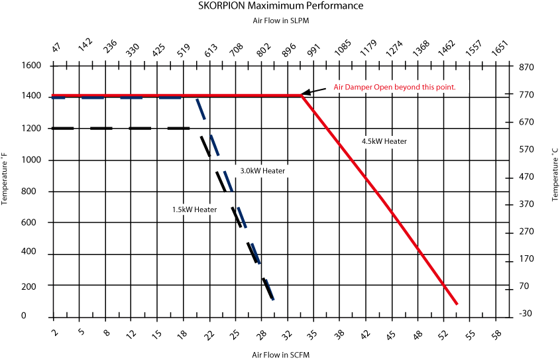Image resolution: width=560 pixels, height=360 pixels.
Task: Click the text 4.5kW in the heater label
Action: (372, 141)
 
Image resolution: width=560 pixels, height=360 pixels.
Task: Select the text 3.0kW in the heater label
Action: (250, 171)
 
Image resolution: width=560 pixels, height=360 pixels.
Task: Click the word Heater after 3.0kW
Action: (274, 171)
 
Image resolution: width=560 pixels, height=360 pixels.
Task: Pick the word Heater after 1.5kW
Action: (205, 210)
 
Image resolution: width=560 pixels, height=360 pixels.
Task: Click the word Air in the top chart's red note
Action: (338, 88)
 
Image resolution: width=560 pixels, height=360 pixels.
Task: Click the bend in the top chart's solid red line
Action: (302, 96)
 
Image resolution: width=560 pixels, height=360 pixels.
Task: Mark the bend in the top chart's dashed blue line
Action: (197, 99)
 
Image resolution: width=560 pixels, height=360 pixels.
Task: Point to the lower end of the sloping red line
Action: (457, 304)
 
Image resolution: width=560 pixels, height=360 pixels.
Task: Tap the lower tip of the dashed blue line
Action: (273, 300)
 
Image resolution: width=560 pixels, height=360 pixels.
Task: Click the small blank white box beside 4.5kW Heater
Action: (422, 143)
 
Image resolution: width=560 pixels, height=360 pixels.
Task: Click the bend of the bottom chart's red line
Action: (302, 352)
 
